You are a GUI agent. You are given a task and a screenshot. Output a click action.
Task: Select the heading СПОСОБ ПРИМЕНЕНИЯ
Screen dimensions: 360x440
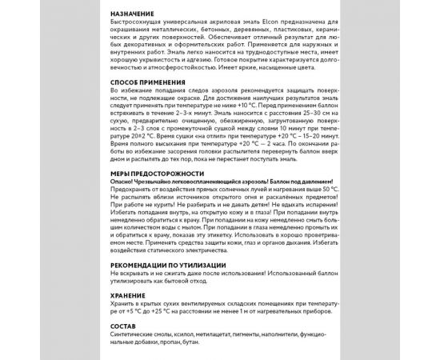pyautogui.click(x=150, y=82)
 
